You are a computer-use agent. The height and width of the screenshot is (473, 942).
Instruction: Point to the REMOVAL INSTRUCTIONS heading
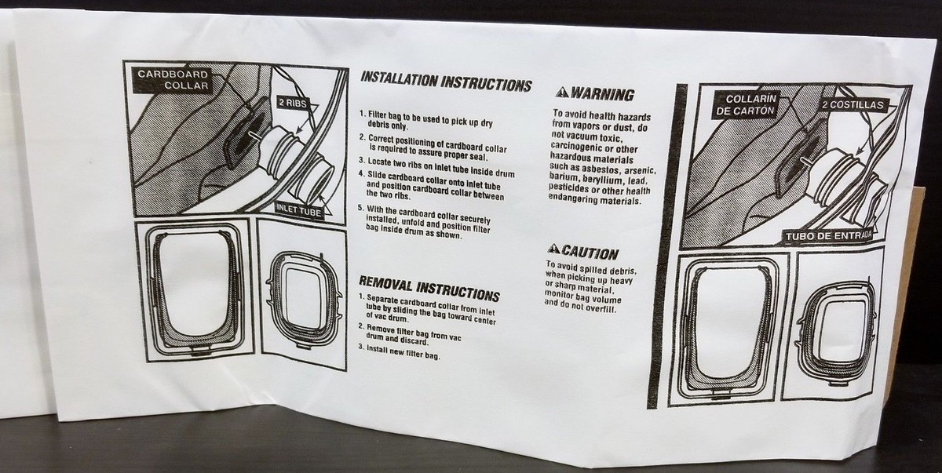coord(429,287)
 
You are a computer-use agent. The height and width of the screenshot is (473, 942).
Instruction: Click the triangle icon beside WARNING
coord(562,93)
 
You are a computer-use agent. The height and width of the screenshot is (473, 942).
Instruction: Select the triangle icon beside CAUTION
coord(553,249)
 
